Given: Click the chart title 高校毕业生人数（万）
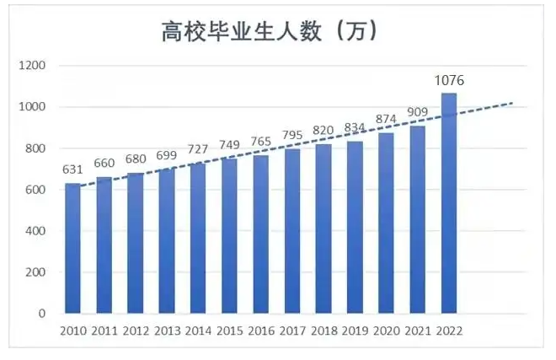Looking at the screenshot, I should point(269,32).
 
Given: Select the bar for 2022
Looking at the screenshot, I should point(448,202).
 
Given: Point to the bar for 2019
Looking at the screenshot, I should point(355,228).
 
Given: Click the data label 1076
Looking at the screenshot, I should point(449,81).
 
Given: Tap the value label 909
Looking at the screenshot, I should point(417,113).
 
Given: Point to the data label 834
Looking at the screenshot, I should point(355,128).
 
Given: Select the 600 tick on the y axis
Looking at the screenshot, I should point(35,190).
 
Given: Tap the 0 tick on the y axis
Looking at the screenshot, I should point(40,314).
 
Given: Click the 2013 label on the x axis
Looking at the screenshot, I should point(168,330).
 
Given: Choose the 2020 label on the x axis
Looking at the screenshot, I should point(386,330).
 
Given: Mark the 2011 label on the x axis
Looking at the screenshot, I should point(105,330).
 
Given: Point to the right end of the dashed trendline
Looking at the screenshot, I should point(512,103).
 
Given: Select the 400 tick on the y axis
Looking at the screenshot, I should point(35,231).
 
